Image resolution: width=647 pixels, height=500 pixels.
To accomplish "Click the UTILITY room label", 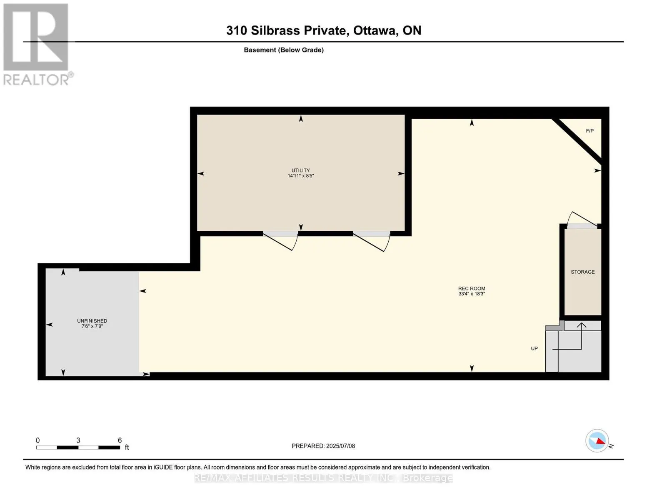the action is click(x=301, y=170).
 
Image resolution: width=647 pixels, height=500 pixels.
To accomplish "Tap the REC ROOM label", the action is click(x=472, y=288).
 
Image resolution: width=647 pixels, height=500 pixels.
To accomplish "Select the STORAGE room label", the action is click(x=583, y=272).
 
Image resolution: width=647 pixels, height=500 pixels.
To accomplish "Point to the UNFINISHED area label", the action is click(x=92, y=321).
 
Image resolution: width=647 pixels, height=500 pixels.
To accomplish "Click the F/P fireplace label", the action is click(x=590, y=131).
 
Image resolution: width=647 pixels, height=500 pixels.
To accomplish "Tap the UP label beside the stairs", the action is click(x=534, y=348).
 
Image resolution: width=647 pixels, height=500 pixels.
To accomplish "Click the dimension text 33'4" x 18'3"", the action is click(x=472, y=294).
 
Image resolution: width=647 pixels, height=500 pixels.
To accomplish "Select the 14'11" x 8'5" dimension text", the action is click(x=301, y=176).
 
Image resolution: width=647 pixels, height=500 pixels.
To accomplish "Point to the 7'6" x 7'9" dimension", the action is click(x=92, y=326).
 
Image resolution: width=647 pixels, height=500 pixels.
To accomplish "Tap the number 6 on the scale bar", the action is click(x=120, y=440).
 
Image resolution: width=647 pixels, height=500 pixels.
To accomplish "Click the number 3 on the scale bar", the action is click(x=78, y=440).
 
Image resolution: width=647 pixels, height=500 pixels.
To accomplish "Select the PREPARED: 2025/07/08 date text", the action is click(x=323, y=446).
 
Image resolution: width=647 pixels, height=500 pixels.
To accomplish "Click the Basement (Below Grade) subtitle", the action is click(x=284, y=50).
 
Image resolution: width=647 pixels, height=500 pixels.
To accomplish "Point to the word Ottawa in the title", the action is click(x=376, y=30).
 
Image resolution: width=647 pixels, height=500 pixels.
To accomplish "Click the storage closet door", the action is click(x=582, y=220).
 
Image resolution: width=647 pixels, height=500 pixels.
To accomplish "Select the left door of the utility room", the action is click(x=280, y=240).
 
